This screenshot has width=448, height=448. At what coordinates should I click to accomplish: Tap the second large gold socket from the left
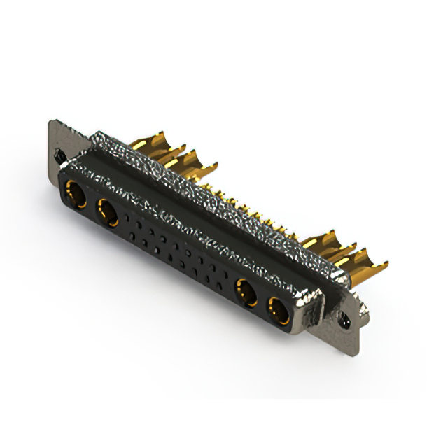point(107,212)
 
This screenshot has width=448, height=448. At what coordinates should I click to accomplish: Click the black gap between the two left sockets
point(91,204)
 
